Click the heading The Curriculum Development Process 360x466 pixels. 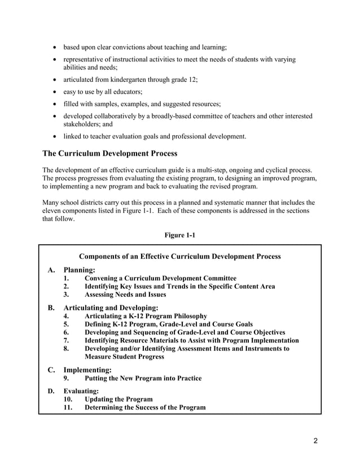[110, 153]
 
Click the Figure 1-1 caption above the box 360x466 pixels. [179, 235]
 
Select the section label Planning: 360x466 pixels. [79, 270]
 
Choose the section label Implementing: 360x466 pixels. [87, 370]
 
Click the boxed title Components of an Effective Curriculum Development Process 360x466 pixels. [180, 256]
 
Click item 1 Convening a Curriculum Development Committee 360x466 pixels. [160, 278]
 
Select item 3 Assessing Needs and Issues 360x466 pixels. [125, 294]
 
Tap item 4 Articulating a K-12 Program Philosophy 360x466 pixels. [146, 316]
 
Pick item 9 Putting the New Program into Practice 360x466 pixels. [143, 378]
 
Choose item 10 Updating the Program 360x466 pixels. [118, 399]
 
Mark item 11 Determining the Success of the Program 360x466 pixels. [145, 407]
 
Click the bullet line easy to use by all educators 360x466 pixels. [102, 91]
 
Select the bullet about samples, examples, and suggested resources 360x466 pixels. [138, 104]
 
